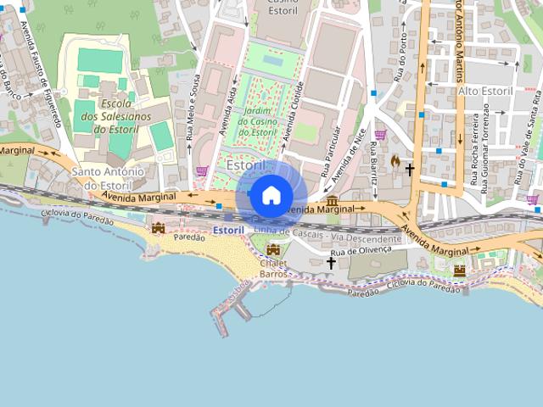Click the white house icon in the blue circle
271,196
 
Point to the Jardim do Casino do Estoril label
257,121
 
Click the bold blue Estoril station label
229,230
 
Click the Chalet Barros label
274,267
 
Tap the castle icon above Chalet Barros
273,249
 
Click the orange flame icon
395,160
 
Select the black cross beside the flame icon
410,170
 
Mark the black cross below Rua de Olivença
332,263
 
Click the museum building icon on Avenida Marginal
333,202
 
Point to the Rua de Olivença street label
361,250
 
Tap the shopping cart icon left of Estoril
202,170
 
